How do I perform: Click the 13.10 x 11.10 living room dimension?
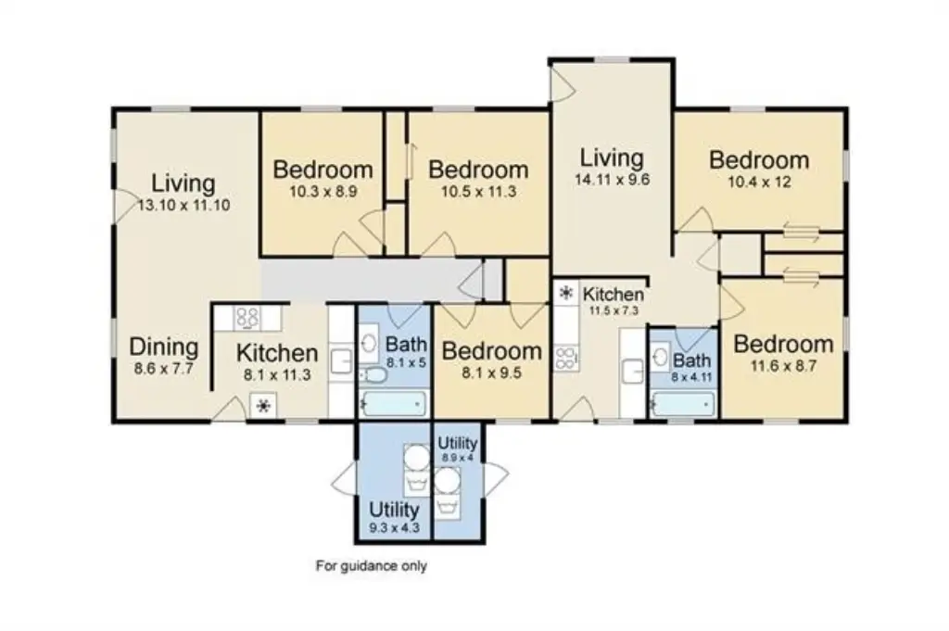coord(184,205)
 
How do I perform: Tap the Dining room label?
coord(164,347)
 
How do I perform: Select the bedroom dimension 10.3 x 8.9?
coord(323,193)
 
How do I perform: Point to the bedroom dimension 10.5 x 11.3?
coord(478,193)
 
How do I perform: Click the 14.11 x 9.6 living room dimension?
coord(612,180)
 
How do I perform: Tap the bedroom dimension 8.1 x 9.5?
coord(491,373)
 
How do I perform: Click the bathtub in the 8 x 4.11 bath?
coord(683,404)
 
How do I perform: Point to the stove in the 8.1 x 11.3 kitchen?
coord(248,318)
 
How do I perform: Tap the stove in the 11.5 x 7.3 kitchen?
coord(566,357)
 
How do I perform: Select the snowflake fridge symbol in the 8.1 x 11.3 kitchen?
coord(263,406)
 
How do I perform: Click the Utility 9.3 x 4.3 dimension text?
coord(394,527)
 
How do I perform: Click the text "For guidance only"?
coord(372,566)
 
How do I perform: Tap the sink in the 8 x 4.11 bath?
coord(661,356)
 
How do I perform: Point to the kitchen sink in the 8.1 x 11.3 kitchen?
coord(342,361)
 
